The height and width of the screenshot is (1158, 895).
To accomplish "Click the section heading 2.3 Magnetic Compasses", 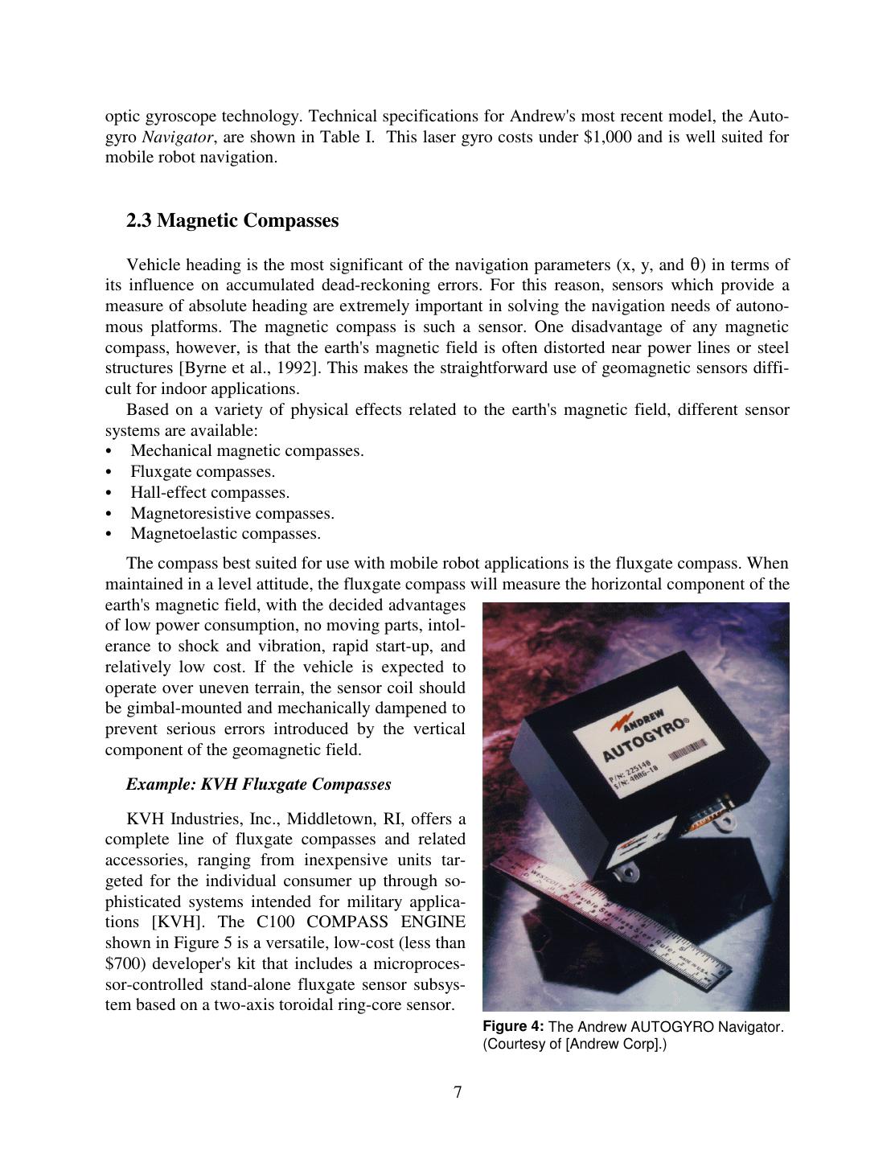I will (232, 220).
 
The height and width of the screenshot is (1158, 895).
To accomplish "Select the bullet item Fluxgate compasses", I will (203, 472).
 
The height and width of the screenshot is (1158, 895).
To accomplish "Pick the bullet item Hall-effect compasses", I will (210, 493).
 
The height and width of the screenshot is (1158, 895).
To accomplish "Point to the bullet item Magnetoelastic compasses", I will (225, 534).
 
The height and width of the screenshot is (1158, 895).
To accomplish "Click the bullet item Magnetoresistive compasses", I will (232, 513).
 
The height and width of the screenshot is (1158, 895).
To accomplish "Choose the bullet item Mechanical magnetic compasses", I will (247, 451).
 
